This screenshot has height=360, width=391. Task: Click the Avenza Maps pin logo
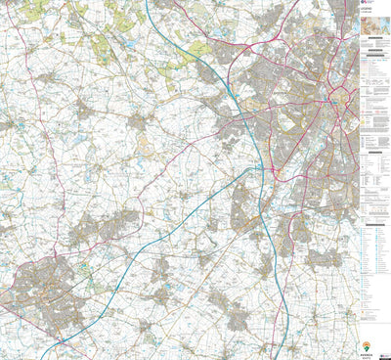(366, 344)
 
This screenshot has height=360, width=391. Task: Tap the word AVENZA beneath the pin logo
(366, 353)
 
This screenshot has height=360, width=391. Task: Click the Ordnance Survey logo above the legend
(366, 4)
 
